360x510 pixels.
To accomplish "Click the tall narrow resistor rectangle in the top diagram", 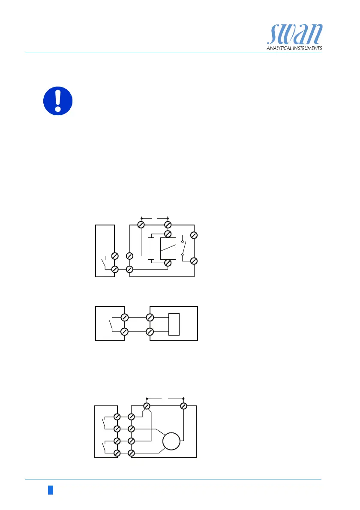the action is coord(150,248).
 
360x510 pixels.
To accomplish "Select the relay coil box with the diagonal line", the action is coord(167,248).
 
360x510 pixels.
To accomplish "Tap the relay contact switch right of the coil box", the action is coord(183,248).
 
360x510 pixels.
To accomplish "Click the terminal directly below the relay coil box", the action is coord(168,263).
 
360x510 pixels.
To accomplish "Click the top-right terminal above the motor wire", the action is coord(183,405).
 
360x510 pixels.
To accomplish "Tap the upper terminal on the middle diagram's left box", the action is coord(125,318).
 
